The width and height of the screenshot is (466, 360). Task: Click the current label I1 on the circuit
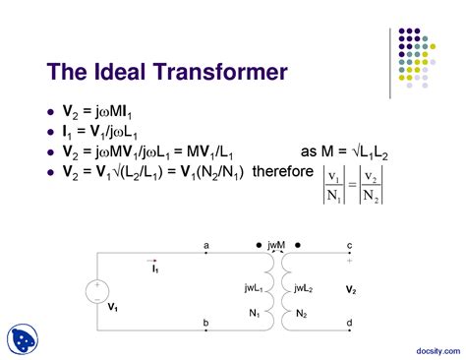click(x=155, y=268)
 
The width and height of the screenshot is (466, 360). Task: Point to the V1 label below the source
click(x=113, y=306)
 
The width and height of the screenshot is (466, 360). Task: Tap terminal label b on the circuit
click(x=205, y=322)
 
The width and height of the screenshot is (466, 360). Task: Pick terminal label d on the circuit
click(x=349, y=322)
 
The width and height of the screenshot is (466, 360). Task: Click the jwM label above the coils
click(x=276, y=244)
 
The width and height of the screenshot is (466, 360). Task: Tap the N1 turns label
click(x=255, y=313)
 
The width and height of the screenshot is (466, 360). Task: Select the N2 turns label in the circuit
click(x=301, y=313)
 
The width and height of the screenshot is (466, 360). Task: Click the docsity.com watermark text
click(x=429, y=348)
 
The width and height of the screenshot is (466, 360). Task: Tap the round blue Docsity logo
click(x=23, y=338)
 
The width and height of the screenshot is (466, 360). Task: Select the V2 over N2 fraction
click(x=371, y=184)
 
